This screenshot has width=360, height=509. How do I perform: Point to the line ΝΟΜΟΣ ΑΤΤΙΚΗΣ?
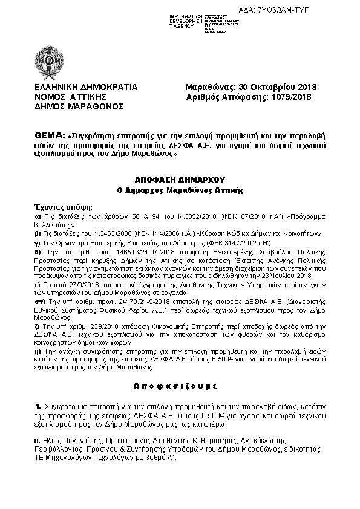point(70,96)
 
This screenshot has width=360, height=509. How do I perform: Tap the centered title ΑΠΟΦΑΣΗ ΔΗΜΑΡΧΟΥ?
point(180,180)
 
